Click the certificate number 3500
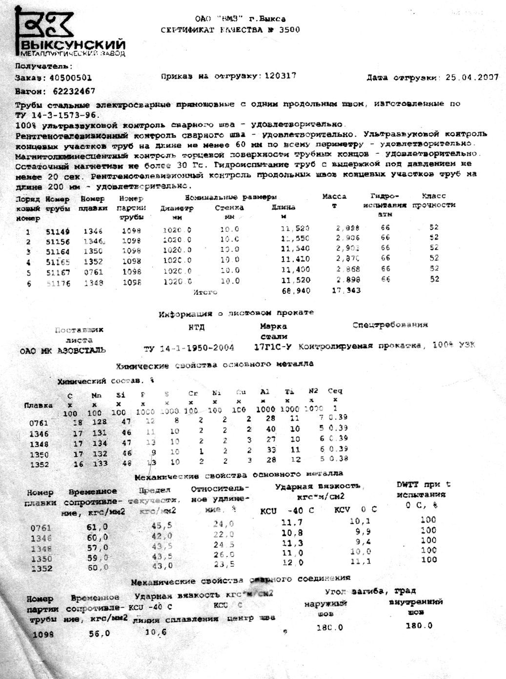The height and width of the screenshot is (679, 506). pos(289,30)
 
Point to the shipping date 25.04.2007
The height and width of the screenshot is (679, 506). pos(472,78)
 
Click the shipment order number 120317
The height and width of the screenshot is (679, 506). pos(280,76)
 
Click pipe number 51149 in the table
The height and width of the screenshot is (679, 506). pos(58,231)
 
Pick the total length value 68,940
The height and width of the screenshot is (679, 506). pos(296,291)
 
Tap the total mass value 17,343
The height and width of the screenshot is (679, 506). pos(346,290)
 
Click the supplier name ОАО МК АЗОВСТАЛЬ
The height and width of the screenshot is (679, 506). pos(63,350)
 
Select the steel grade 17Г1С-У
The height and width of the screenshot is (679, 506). pos(273,347)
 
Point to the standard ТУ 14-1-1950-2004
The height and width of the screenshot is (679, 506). pos(189,348)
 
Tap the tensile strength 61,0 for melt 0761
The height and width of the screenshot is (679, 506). pos(99,527)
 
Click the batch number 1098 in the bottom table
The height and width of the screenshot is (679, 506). pos(43,634)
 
